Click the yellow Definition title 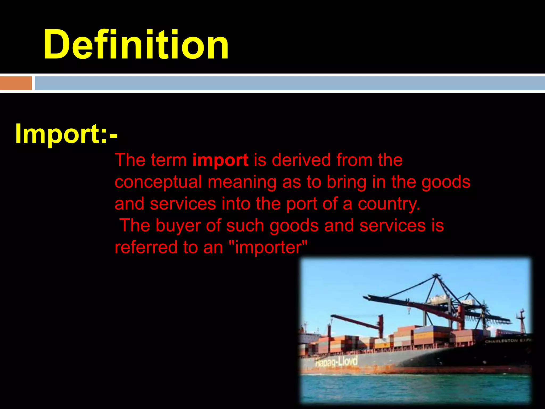[136, 45]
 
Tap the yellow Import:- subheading [66, 134]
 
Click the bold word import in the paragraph [220, 160]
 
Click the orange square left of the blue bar [16, 83]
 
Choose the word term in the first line [169, 160]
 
